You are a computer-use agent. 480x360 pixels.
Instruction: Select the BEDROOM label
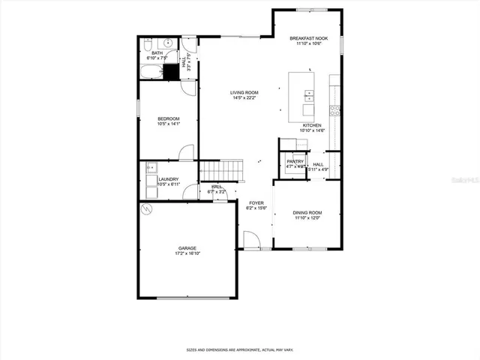click(x=168, y=118)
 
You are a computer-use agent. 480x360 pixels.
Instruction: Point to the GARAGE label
click(x=188, y=247)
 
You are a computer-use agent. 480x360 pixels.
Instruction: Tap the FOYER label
click(x=256, y=202)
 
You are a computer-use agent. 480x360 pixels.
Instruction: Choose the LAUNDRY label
click(x=169, y=179)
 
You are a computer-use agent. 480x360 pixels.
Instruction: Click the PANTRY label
click(x=295, y=161)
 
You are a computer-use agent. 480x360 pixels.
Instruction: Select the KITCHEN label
click(x=312, y=125)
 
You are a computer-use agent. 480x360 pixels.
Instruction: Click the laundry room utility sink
click(x=151, y=168)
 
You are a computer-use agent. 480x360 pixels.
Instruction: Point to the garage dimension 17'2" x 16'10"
click(x=188, y=253)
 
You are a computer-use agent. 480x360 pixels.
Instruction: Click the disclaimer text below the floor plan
click(x=239, y=349)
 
